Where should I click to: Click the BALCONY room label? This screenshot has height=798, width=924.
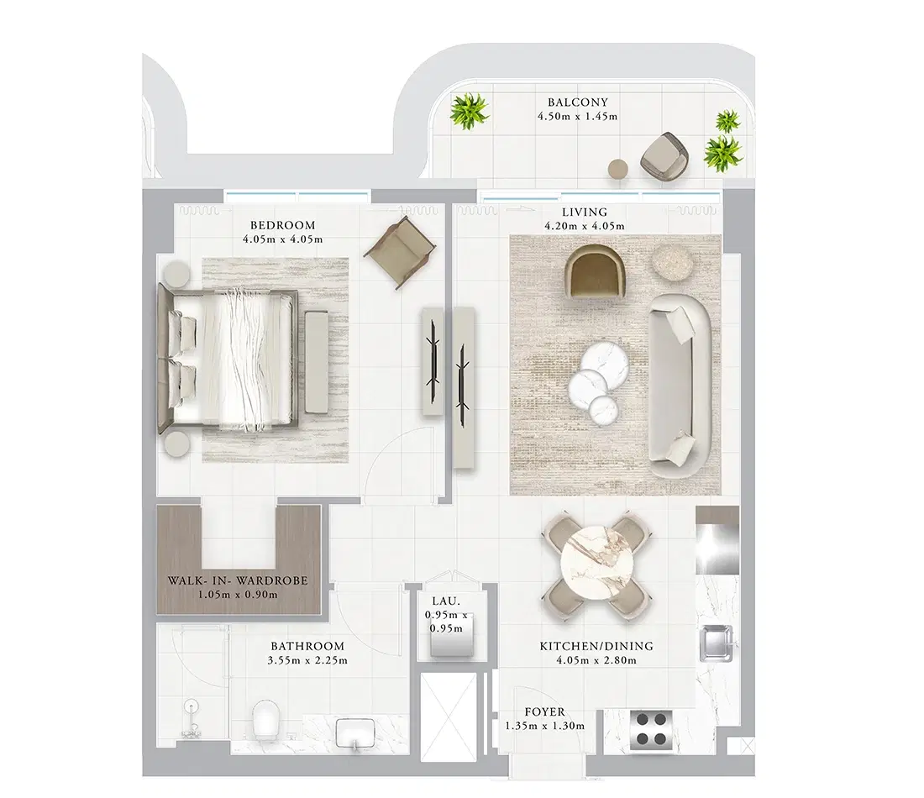point(577,102)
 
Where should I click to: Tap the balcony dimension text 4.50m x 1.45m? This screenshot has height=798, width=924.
point(577,116)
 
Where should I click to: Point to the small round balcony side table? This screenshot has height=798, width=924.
point(618,168)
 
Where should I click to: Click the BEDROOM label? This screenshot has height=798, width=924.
point(282,225)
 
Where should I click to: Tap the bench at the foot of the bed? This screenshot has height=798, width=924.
point(318,361)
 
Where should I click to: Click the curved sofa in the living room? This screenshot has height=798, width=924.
point(679,382)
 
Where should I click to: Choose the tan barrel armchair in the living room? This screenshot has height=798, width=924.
point(597,271)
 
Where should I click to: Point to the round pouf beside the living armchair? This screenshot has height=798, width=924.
point(673,264)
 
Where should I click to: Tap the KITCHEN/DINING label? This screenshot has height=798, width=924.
point(596,647)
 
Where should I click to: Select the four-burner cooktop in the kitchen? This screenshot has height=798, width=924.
point(651,729)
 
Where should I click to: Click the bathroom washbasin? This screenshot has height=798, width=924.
point(354,732)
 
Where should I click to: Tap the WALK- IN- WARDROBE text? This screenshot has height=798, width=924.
point(238,580)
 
